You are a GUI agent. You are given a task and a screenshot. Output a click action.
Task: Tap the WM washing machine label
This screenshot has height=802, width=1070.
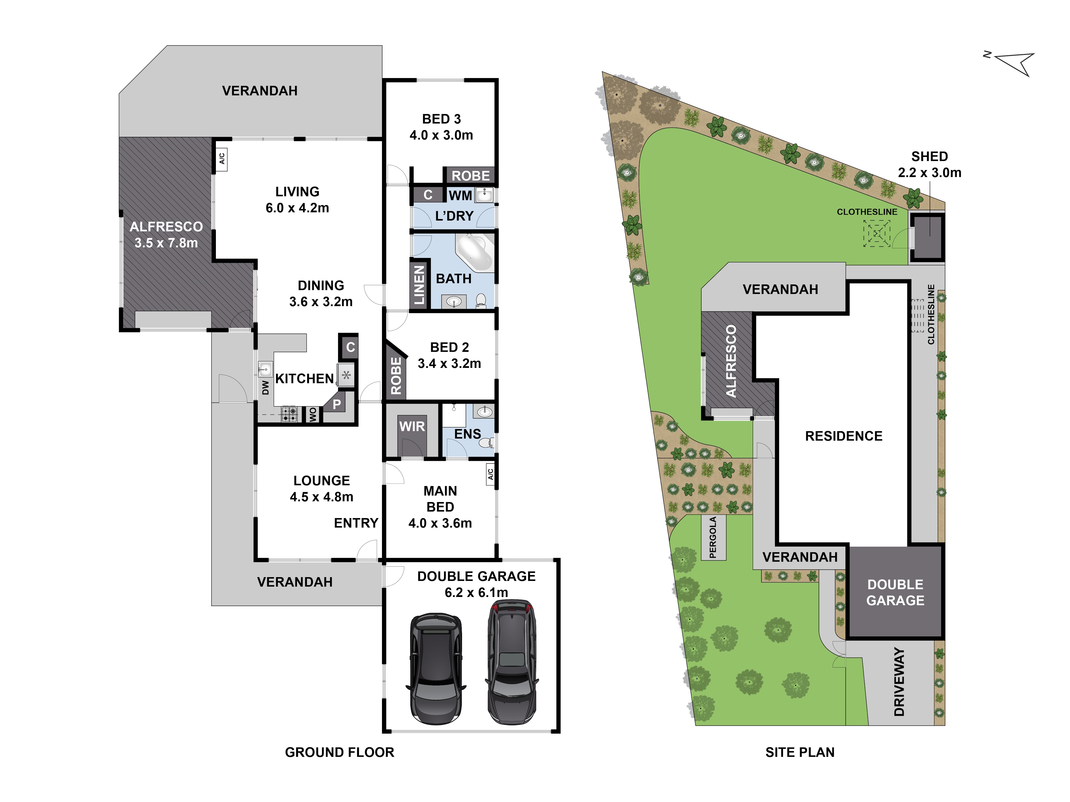tap(460, 195)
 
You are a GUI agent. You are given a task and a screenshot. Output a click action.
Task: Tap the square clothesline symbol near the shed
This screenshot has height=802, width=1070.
tap(877, 233)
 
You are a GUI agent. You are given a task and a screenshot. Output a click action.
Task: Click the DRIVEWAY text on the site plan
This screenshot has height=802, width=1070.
tap(899, 682)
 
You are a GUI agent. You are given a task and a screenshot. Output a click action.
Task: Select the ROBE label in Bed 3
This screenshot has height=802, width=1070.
tap(471, 175)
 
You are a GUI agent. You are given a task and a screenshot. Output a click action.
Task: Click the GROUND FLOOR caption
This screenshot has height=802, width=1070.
tap(339, 752)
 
